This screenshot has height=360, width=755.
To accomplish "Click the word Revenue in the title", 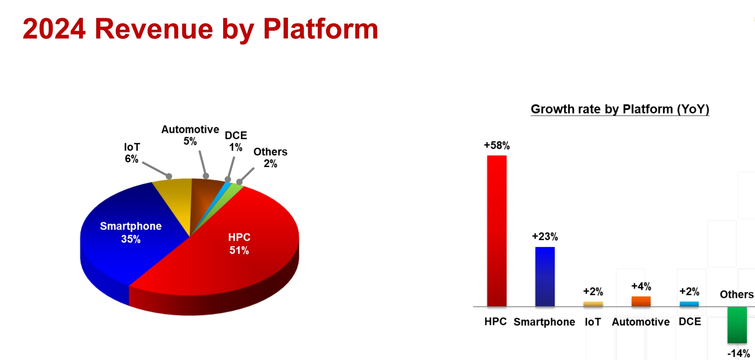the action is click(154, 29).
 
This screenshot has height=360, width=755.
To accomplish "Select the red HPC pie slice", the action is click(233, 250).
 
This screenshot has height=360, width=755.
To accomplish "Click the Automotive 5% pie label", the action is click(190, 135).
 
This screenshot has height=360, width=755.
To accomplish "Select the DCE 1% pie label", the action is click(236, 141).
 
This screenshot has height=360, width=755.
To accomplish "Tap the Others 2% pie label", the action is click(270, 158).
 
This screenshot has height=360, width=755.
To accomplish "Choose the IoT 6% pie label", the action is click(132, 153).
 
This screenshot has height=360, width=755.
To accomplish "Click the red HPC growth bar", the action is click(497, 231).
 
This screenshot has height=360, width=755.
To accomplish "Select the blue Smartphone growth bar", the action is click(545, 277).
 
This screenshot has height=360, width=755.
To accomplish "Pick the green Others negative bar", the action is click(737, 325).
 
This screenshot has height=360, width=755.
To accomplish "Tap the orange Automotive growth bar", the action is click(641, 301).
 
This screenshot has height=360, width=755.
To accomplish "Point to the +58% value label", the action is click(497, 145).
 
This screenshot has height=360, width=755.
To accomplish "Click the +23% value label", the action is click(545, 237).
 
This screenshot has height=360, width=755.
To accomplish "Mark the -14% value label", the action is click(739, 354).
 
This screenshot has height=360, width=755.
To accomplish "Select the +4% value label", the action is click(641, 286).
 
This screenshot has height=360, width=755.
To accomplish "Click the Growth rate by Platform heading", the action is click(620, 109).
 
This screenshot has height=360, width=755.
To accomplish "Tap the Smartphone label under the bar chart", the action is click(544, 322).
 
